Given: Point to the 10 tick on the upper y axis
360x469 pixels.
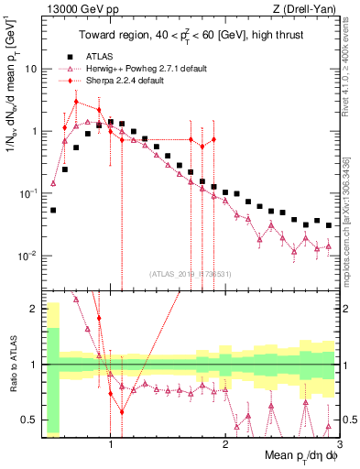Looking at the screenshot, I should click(x=34, y=69).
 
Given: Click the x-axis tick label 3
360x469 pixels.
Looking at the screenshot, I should click(x=326, y=443).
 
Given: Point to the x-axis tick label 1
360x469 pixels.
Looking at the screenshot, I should click(x=111, y=443).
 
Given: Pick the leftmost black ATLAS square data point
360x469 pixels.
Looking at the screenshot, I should click(x=53, y=210).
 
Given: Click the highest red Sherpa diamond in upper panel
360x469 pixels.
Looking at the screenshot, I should click(x=77, y=102).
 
